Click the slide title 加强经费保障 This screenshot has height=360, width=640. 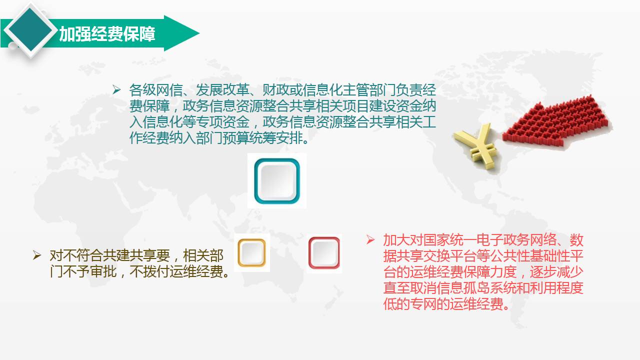[x=107, y=34]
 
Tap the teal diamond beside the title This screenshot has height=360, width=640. [x=30, y=30]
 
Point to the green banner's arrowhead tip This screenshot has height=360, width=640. [x=199, y=33]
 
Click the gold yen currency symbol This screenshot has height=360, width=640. [x=476, y=145]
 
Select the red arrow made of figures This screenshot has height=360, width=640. [x=557, y=123]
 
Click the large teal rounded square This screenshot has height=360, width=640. [x=277, y=181]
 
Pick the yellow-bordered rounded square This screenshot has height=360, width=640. [x=251, y=253]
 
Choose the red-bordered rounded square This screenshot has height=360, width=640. [x=324, y=253]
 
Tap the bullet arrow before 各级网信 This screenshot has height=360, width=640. [x=116, y=90]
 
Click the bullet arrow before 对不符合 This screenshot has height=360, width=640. [x=37, y=255]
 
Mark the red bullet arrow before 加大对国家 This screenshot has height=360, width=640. [x=370, y=239]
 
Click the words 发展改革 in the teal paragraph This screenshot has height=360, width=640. [x=222, y=90]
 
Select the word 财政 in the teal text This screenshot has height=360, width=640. [x=275, y=90]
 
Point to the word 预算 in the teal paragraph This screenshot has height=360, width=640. [x=235, y=138]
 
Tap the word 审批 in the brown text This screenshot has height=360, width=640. [x=103, y=271]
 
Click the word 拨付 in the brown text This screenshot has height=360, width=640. [x=156, y=271]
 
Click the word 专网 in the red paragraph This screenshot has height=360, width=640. [x=423, y=303]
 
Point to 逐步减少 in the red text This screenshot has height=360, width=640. [x=556, y=271]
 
